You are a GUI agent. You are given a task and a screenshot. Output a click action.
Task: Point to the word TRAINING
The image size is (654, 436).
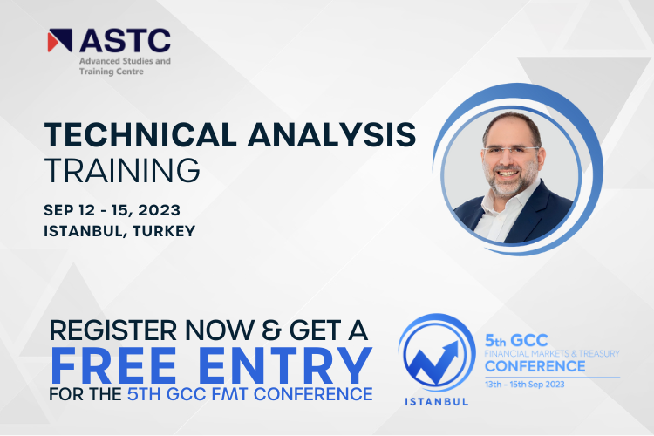(122, 171)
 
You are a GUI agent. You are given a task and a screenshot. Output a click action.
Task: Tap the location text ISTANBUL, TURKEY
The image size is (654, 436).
(119, 231)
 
